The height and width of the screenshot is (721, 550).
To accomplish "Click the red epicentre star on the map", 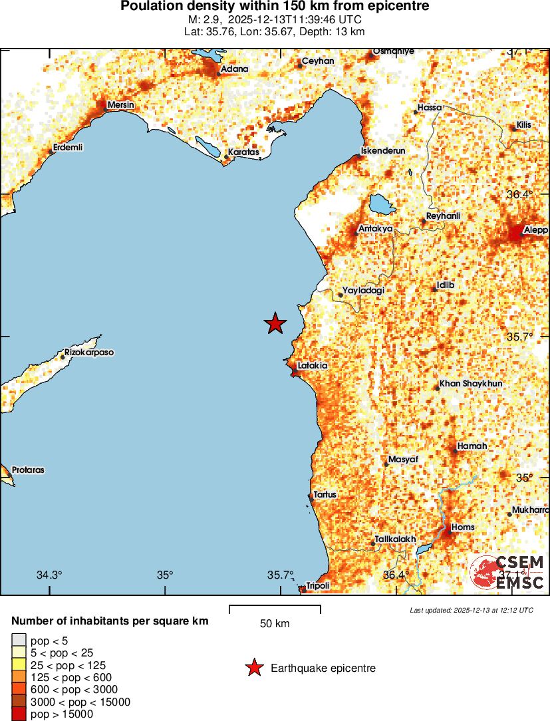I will point(275,323).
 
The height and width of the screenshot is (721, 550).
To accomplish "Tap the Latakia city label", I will point(312,365).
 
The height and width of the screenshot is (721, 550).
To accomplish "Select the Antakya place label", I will point(375,229).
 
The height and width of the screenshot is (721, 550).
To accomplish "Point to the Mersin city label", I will point(120,105).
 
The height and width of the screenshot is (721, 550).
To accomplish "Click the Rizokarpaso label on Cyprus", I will point(88,352).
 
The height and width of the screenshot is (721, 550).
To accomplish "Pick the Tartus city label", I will point(325,494).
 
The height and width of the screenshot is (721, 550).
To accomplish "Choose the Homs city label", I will point(463,527).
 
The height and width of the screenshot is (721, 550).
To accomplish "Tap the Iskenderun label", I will point(383,151).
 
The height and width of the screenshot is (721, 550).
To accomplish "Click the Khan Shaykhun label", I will point(471,384).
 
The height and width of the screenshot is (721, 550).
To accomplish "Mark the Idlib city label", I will point(445,285).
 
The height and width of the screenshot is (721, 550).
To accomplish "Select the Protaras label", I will point(27,470).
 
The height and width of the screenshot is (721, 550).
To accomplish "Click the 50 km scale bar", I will point(275,609).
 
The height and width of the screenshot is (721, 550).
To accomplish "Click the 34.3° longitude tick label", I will point(49,575).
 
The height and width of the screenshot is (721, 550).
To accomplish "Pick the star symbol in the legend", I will point(253,668).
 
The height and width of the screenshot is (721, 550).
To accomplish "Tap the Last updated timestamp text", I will point(471,610).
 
